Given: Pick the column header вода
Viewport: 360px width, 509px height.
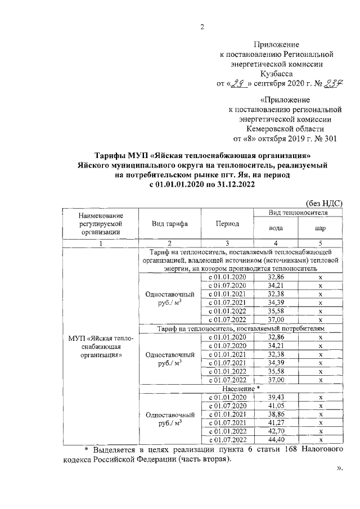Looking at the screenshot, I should click(276, 229).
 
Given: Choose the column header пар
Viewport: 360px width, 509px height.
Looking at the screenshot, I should click(320, 229).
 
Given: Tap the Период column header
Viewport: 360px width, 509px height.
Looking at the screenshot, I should click(227, 223).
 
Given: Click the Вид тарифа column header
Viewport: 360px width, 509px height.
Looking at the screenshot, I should click(169, 223).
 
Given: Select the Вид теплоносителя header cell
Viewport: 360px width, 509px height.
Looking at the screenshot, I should click(298, 213).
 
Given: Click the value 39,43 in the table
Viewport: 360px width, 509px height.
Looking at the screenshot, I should click(276, 397).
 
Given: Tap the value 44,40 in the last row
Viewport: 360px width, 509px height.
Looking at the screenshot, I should click(276, 439).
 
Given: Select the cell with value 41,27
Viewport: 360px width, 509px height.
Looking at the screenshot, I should click(276, 422).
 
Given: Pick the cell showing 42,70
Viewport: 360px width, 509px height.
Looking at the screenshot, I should click(276, 431).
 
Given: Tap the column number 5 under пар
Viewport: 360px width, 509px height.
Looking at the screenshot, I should click(320, 243).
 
